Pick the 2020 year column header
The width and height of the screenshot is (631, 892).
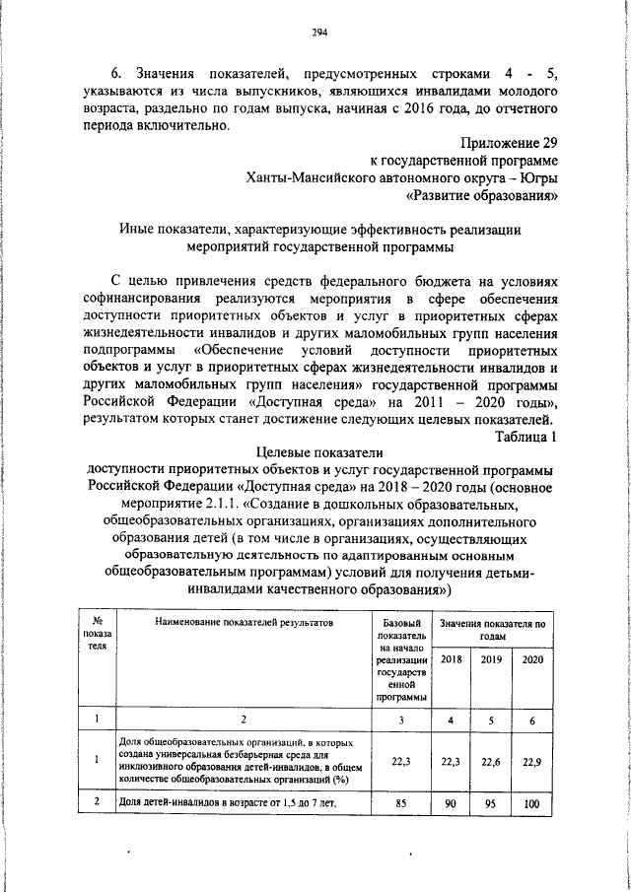click(x=531, y=659)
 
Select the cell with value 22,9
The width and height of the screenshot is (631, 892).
click(x=531, y=760)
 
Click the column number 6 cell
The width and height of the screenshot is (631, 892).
click(x=531, y=720)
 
